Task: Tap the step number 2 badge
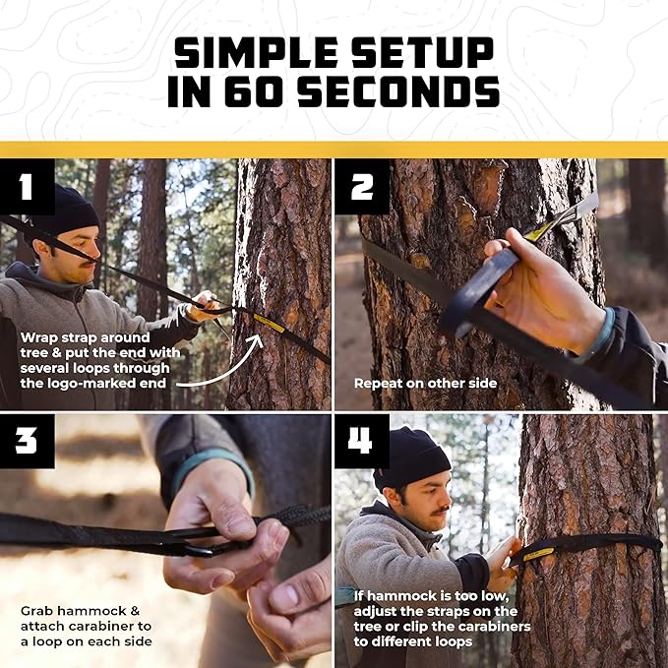coord(361,186)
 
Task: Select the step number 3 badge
coord(27,441)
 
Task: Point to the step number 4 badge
coord(361,441)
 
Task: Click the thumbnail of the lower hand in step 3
coord(286,597)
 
